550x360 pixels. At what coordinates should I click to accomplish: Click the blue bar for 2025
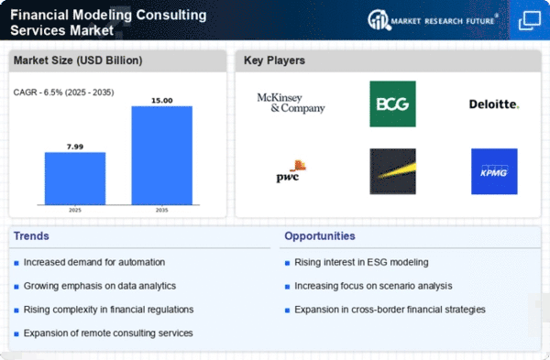75,179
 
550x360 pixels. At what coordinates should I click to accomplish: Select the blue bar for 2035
162,156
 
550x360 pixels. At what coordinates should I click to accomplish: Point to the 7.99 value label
75,147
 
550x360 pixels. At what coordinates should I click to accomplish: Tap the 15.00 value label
162,101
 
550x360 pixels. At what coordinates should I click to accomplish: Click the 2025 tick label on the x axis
75,210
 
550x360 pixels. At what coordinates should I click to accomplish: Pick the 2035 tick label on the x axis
161,210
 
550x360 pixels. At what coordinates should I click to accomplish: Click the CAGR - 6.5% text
42,93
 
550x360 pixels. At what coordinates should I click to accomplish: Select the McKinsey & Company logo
291,104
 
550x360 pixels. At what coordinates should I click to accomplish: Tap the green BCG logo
393,104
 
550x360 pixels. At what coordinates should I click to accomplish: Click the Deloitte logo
494,104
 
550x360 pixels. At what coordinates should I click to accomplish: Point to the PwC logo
291,171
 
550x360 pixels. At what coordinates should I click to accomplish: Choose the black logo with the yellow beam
393,171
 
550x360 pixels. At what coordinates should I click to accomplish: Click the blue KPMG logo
494,171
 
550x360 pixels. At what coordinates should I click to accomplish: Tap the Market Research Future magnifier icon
379,19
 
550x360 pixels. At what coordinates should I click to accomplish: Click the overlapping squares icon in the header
530,20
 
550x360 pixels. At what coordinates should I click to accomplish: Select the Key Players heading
274,60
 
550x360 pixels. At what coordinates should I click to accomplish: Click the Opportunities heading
320,236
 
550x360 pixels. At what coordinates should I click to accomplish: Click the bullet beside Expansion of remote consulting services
16,334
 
